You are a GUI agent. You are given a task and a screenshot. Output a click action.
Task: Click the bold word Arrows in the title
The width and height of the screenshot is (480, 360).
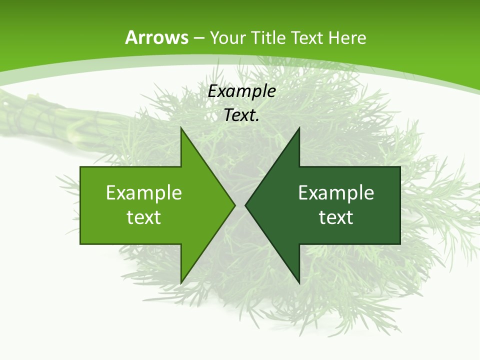pyautogui.click(x=156, y=37)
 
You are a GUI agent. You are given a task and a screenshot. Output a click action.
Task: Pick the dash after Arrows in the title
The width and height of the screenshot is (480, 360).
pyautogui.click(x=199, y=38)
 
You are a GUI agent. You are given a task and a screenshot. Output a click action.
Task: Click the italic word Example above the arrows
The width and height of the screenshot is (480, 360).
pyautogui.click(x=242, y=91)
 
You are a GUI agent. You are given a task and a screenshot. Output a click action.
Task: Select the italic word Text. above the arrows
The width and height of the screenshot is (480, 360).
pyautogui.click(x=242, y=115)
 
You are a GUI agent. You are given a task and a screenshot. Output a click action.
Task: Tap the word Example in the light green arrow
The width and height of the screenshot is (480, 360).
pyautogui.click(x=144, y=192)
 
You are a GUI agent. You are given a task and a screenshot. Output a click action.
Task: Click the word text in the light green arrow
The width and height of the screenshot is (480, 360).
pyautogui.click(x=144, y=217)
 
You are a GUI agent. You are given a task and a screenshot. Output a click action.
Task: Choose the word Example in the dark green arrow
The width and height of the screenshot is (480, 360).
pyautogui.click(x=336, y=192)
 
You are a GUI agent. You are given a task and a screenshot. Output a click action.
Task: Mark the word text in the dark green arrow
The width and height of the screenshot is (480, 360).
pyautogui.click(x=336, y=217)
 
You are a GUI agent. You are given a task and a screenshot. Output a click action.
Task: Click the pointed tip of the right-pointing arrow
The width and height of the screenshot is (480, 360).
pyautogui.click(x=234, y=205)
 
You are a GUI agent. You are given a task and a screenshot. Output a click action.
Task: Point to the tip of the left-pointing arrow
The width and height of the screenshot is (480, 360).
pyautogui.click(x=246, y=205)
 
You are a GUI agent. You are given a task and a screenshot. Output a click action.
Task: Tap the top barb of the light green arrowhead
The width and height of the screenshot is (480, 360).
pyautogui.click(x=182, y=131)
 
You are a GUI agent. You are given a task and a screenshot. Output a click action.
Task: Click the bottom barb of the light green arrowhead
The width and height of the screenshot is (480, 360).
pyautogui.click(x=182, y=280)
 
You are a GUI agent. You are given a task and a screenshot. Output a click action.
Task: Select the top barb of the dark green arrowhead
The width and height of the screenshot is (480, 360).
pyautogui.click(x=298, y=131)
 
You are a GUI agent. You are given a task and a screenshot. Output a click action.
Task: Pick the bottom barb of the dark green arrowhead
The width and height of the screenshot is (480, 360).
pyautogui.click(x=298, y=280)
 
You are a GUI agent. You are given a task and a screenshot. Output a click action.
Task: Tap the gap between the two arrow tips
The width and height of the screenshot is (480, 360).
pyautogui.click(x=240, y=205)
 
